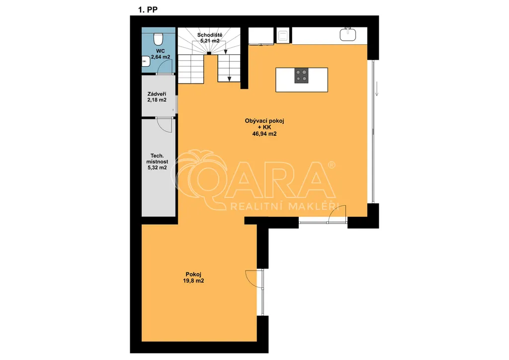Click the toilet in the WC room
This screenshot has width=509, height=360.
[x=158, y=39]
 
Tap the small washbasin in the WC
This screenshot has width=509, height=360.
[x=146, y=61]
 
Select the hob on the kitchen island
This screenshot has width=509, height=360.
[x=301, y=76]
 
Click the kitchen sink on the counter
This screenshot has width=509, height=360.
[x=347, y=34]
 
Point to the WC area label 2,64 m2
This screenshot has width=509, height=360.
[x=161, y=57]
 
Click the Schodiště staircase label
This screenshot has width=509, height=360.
[x=210, y=35]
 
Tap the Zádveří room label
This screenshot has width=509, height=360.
[x=157, y=94]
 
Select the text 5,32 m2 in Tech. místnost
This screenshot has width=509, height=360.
[x=157, y=168]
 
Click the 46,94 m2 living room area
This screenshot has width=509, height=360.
[x=264, y=133]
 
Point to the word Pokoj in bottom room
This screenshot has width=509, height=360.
[x=193, y=274]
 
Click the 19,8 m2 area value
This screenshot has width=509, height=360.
[x=193, y=281]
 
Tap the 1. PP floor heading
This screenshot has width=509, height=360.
[x=148, y=10]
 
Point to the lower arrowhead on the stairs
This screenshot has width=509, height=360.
[x=230, y=79]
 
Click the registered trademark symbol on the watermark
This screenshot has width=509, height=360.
[x=332, y=165]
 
